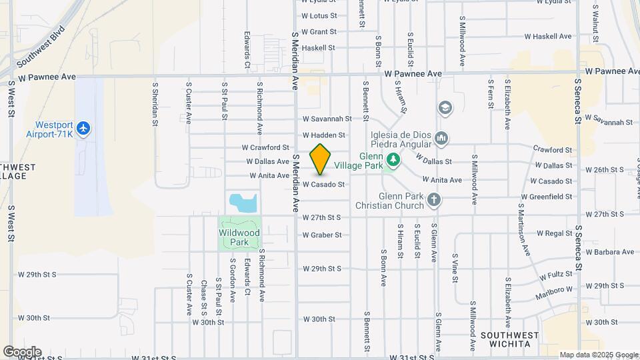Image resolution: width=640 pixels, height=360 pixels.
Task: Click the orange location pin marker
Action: (320, 159)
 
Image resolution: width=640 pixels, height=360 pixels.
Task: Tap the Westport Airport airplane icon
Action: (83, 127)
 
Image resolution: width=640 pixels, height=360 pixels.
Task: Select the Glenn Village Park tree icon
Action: (393, 159)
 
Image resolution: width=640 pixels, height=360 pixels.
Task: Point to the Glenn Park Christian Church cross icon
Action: (434, 199)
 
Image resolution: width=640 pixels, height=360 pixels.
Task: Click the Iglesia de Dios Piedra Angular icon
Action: (441, 139)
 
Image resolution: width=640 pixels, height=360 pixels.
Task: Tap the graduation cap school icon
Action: (445, 107)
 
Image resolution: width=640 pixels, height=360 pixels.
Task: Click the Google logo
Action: (21, 351)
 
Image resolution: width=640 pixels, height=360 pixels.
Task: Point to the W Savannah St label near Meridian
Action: (327, 119)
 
